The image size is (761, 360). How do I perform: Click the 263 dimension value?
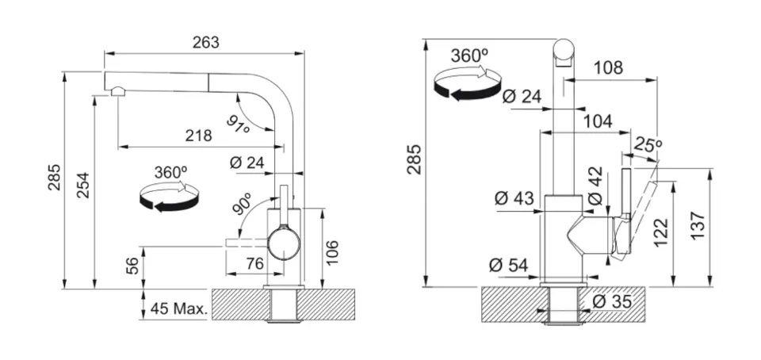[x=205, y=42]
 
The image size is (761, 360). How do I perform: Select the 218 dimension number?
[x=198, y=136]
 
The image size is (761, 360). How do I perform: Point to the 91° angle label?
[x=238, y=124]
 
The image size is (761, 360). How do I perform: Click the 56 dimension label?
[x=133, y=267]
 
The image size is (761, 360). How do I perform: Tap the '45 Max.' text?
[x=178, y=309]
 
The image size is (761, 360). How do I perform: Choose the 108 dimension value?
[x=608, y=67]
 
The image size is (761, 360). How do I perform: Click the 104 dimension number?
[x=597, y=121]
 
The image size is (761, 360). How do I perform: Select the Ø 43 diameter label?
[x=514, y=199]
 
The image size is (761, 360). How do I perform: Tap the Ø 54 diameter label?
[x=508, y=265]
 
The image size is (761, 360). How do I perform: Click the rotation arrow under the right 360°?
[x=467, y=84]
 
